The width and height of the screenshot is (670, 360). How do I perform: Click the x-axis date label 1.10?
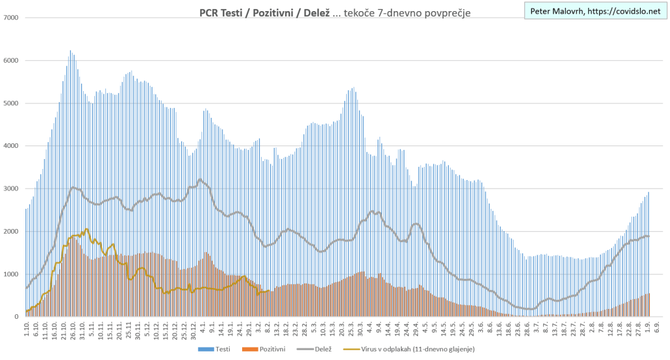(27, 329)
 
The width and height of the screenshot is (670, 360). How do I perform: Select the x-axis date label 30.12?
(194, 330)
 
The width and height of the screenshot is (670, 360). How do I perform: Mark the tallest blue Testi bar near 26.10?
(70, 51)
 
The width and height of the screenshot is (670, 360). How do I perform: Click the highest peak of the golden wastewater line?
(86, 229)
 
